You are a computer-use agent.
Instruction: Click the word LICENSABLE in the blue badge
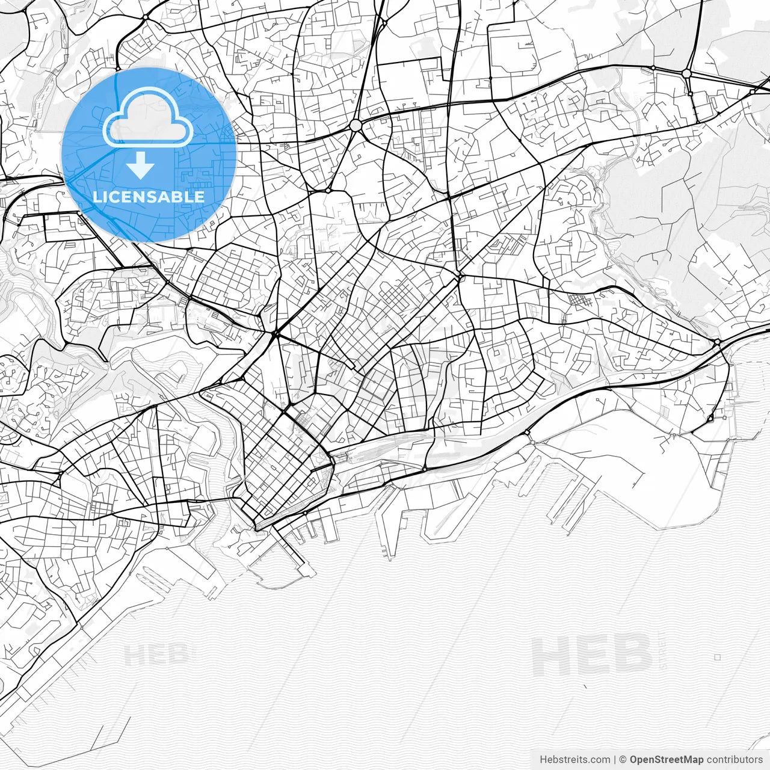(x=149, y=197)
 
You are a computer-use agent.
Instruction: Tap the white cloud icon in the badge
(x=148, y=118)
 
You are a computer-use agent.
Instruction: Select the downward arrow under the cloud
(x=141, y=165)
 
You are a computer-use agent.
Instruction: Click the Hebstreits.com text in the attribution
(x=574, y=760)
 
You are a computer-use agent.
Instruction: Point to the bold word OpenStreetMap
(x=667, y=760)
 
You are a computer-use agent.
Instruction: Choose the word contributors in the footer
(x=735, y=760)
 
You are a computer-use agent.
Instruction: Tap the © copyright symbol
(x=623, y=760)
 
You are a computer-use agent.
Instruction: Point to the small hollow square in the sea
(x=717, y=658)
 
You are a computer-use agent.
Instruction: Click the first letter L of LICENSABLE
(x=96, y=197)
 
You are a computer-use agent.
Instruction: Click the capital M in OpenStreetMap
(x=688, y=760)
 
